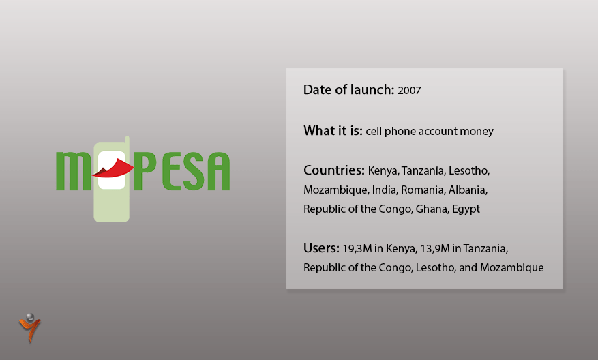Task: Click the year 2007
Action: point(409,91)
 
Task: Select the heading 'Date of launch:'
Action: point(348,89)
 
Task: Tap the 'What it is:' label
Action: point(333,130)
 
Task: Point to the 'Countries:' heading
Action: point(334,170)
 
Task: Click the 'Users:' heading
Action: point(321,248)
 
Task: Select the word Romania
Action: point(423,190)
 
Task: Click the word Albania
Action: point(468,190)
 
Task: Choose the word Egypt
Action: point(466,209)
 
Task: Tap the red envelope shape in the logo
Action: point(113,168)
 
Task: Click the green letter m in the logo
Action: point(73,171)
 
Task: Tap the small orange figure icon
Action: point(29,327)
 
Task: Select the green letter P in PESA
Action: point(145,171)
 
